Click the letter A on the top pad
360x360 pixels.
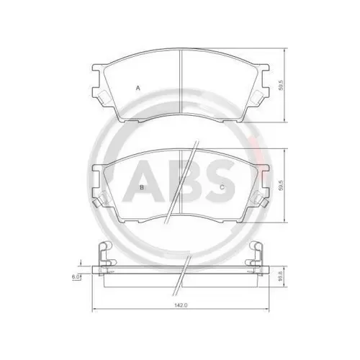[x=138, y=88]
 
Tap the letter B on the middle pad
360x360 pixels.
[x=142, y=187]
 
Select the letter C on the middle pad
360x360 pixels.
[x=222, y=187]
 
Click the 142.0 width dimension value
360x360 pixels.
[x=181, y=305]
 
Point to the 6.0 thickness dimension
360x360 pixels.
[x=76, y=276]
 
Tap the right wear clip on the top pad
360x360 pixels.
[x=257, y=97]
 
